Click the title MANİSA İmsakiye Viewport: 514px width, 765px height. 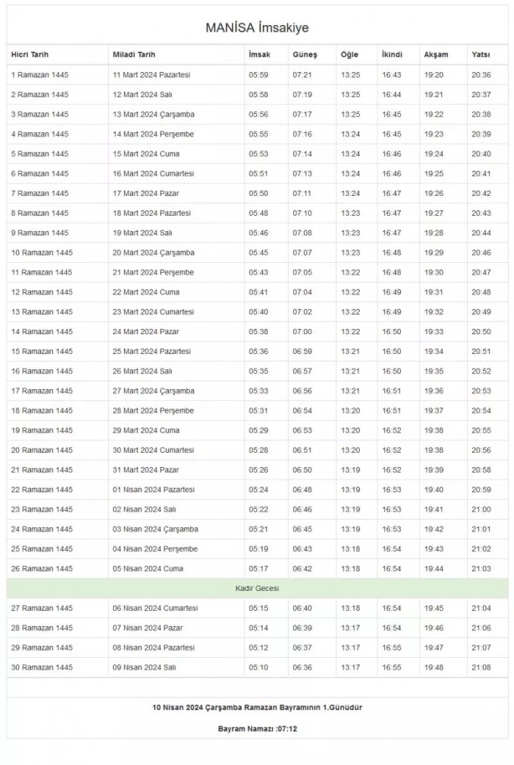tap(257, 28)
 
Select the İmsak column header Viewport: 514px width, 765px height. tap(259, 54)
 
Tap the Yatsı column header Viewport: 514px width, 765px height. tap(481, 54)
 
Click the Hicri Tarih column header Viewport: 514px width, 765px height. tap(30, 54)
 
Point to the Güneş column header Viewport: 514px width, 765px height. tap(305, 54)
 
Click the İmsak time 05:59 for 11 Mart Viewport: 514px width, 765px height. tap(258, 74)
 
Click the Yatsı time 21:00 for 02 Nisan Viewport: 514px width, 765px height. tap(481, 509)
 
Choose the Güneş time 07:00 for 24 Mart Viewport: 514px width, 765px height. tap(302, 331)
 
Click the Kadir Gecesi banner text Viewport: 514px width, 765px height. tap(257, 588)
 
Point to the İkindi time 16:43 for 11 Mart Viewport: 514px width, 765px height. tap(392, 74)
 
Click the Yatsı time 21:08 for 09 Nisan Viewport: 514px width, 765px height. tap(481, 667)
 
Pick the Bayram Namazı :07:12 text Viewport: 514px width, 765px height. tap(257, 729)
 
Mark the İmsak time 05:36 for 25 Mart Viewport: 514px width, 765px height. tap(258, 352)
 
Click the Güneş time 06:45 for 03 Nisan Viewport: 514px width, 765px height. tap(302, 529)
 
